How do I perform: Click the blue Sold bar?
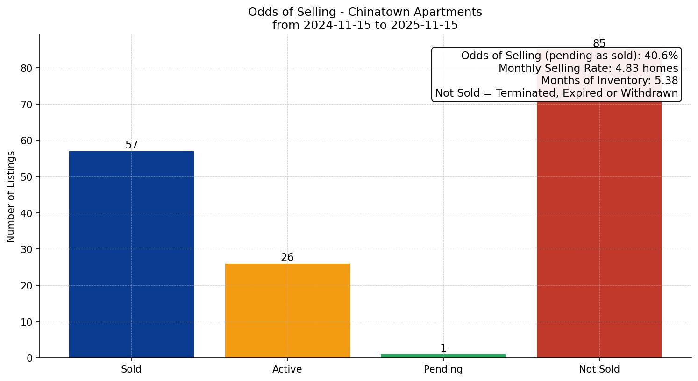(x=131, y=254)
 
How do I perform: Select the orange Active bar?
(x=287, y=310)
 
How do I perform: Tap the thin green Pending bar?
(x=443, y=356)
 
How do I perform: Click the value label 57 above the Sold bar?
(x=132, y=145)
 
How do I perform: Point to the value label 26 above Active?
(x=287, y=258)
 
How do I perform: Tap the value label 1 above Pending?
(x=443, y=348)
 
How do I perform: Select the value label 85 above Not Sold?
(x=599, y=44)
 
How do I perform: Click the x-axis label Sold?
(x=131, y=369)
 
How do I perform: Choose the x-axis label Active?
(x=287, y=369)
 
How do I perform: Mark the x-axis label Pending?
(x=443, y=369)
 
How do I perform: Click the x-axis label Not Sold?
(x=599, y=369)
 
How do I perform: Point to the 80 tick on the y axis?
(x=27, y=68)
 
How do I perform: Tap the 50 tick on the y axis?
(x=27, y=177)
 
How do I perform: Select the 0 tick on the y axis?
(x=30, y=358)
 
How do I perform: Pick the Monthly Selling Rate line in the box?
(x=588, y=68)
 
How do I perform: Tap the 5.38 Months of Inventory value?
(x=666, y=81)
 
